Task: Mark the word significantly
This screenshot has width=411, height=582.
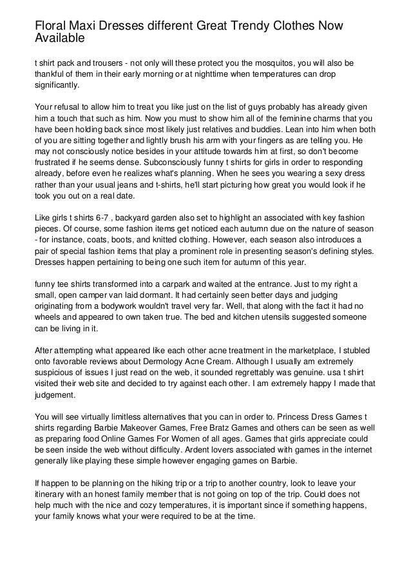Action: [x=58, y=84]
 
